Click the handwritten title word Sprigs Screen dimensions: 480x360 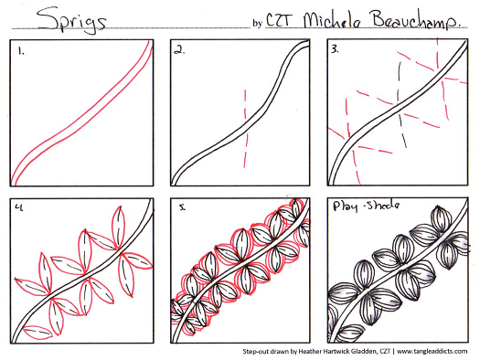coord(72,20)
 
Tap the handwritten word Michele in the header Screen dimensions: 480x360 coord(333,21)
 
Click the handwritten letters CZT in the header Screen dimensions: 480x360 coord(280,21)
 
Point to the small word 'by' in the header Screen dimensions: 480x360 coord(258,23)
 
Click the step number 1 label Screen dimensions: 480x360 coord(21,51)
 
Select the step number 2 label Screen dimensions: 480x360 coord(179,50)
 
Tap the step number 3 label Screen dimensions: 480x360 coord(335,49)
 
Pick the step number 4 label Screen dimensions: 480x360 coord(19,207)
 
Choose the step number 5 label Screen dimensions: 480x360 coord(183,207)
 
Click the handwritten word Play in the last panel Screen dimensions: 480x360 coord(346,206)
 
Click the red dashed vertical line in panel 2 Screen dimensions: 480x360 coord(245,129)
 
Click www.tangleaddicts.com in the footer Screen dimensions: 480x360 coord(432,351)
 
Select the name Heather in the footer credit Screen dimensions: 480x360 coord(309,352)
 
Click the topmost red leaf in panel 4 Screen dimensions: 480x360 coord(119,227)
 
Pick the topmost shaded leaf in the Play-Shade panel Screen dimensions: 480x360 coord(442,220)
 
